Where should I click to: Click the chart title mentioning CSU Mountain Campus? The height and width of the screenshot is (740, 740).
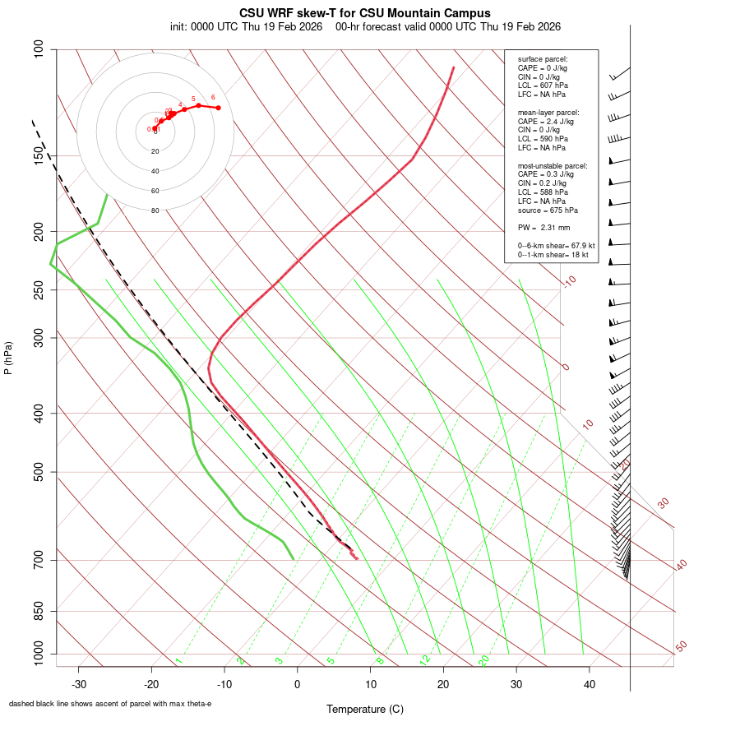pos(364,13)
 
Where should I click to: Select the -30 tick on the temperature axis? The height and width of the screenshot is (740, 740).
pos(79,684)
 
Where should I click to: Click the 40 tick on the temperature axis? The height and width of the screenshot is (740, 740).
pos(589,684)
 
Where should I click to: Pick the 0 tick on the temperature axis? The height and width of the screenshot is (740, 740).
pos(298,684)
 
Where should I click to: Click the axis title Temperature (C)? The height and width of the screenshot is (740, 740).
pos(364,709)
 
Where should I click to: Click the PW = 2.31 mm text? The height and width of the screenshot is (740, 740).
pos(543,228)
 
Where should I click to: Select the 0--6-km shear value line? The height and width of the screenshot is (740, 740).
pos(556,245)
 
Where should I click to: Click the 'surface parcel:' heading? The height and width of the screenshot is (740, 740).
pos(543,59)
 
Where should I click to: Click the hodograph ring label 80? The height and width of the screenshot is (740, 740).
pos(155,210)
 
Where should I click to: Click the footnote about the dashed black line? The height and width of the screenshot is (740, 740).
pos(110,704)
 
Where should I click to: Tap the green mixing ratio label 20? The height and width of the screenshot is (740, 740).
pos(483,659)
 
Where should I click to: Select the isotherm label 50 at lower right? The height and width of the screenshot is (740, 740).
pos(681,646)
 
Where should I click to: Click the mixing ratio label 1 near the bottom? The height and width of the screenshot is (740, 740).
pos(178,660)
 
